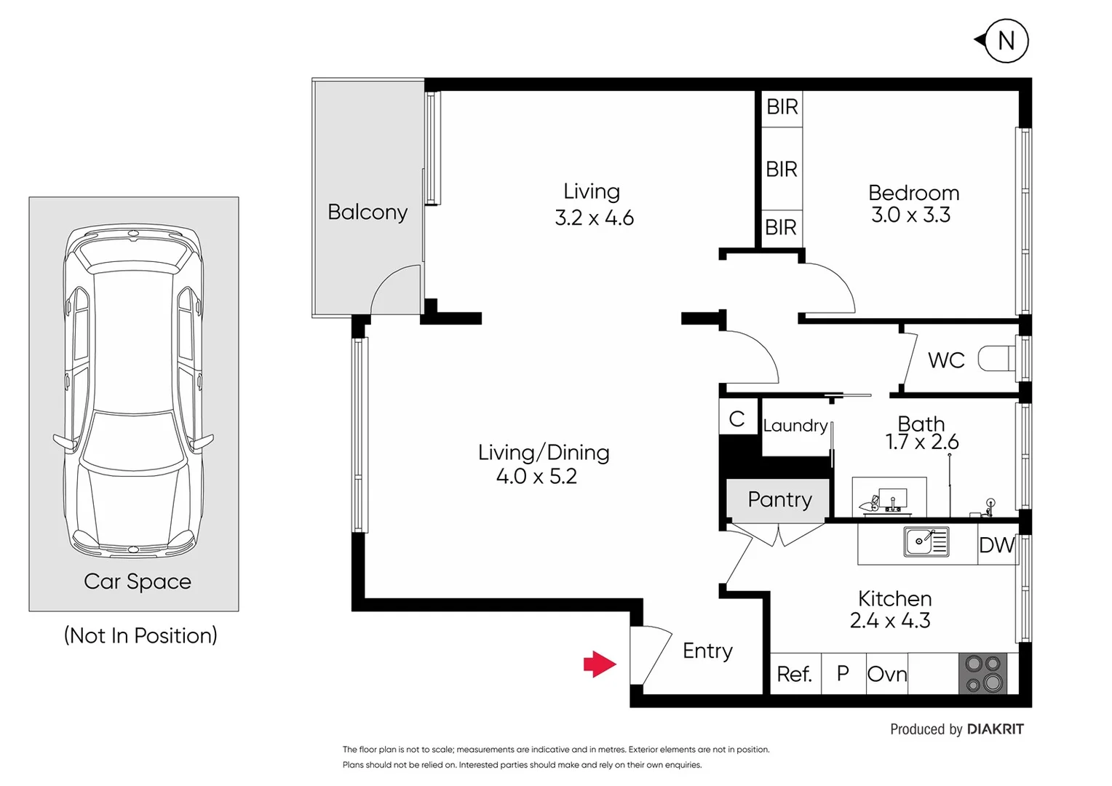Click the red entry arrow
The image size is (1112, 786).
coord(600,664)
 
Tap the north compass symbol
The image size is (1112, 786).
coord(1005,41)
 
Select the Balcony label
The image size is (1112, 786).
coord(367,212)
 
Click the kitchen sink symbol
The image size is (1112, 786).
coord(926,541)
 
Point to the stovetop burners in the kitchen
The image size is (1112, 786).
coord(982,673)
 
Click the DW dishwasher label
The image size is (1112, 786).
coord(996,545)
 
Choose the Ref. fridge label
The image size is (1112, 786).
coord(794,674)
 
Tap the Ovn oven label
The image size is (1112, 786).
coord(887,674)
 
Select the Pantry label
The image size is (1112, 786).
coord(779,499)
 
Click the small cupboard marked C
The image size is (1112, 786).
coord(736,418)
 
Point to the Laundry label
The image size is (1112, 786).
coord(795,425)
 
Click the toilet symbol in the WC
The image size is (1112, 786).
coord(996,358)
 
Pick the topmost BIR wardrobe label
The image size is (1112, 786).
coord(782,107)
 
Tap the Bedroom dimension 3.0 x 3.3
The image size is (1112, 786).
coord(911,215)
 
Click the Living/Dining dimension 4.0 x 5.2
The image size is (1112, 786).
coord(536,477)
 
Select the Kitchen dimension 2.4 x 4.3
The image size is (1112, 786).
coord(890,621)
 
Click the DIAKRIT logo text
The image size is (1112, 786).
coord(995,729)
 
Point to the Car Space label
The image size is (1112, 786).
coord(137,581)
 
